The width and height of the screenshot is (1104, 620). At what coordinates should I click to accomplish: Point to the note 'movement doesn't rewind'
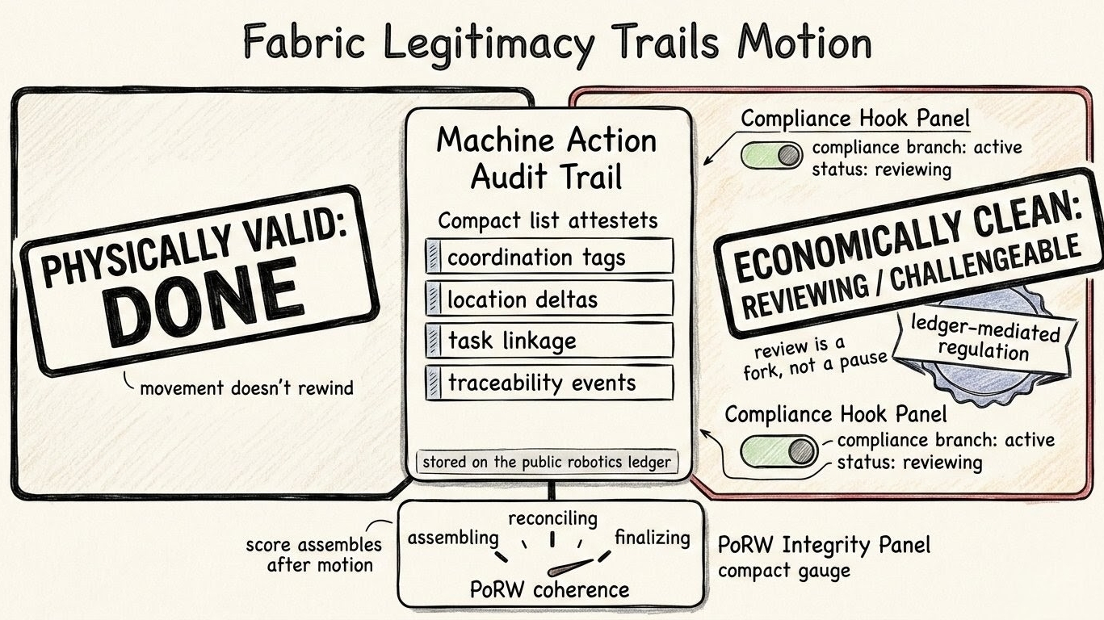246,387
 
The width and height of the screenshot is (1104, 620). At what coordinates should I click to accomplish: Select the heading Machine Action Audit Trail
546,158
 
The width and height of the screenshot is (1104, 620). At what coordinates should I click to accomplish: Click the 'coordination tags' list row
550,258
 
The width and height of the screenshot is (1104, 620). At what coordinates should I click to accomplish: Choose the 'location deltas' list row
550,300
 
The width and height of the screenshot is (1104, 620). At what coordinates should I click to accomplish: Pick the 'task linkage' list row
550,341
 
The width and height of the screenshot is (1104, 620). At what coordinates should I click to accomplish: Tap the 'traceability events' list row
550,383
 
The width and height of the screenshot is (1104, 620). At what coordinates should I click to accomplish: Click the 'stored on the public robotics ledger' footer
546,463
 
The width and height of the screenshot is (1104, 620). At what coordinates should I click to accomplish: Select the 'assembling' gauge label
452,538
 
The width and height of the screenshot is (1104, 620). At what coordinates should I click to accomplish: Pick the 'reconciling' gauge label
553,517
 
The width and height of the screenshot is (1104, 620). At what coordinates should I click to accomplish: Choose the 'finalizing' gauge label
653,537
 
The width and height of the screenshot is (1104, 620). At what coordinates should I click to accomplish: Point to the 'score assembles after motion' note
313,555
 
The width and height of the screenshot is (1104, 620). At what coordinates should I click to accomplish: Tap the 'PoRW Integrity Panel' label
824,545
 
